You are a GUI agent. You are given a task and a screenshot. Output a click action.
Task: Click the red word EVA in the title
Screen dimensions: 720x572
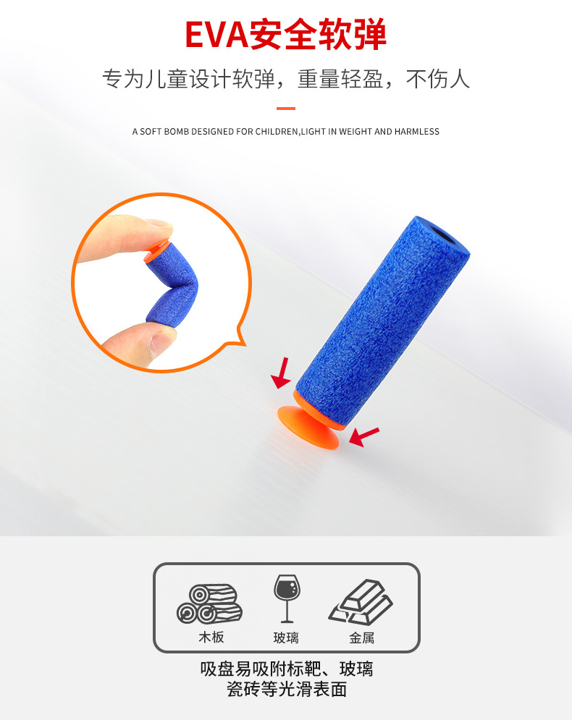tap(216, 35)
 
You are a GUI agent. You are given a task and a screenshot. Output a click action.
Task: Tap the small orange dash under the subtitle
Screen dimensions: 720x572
tap(286, 109)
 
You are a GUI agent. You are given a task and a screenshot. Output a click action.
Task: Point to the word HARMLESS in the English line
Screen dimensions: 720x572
tap(416, 132)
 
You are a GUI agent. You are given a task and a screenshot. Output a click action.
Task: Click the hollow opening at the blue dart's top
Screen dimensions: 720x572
tap(442, 238)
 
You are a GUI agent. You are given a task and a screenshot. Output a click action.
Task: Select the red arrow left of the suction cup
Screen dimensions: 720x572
tap(282, 371)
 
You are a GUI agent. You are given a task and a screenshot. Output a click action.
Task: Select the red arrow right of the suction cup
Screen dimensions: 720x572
tap(365, 436)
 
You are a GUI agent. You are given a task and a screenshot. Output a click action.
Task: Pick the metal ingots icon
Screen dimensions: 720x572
tap(361, 601)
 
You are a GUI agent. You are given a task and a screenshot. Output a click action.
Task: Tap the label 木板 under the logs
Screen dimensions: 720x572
tap(211, 638)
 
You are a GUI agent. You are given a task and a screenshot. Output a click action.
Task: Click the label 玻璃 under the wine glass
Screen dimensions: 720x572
tap(286, 638)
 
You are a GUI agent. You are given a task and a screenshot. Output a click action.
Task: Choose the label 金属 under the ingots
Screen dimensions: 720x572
tap(361, 638)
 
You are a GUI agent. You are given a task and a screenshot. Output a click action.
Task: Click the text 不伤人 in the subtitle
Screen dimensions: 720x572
tap(437, 78)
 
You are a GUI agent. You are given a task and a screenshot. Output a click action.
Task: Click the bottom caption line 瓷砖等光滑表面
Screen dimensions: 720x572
tap(286, 689)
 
